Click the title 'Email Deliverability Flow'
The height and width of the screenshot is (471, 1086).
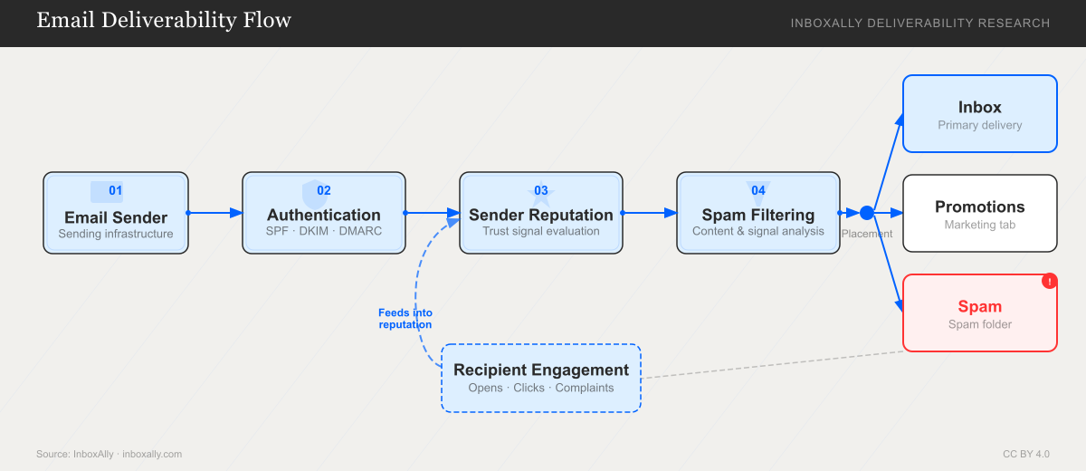tap(164, 21)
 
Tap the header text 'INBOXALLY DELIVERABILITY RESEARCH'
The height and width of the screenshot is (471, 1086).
tap(920, 23)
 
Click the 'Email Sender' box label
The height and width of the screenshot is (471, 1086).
tap(116, 217)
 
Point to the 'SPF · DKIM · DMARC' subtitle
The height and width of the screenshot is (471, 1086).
tap(324, 232)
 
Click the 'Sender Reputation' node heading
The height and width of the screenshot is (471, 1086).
tap(540, 216)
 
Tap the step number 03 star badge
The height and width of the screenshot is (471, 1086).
tap(541, 190)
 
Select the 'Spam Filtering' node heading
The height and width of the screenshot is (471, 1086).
tap(758, 216)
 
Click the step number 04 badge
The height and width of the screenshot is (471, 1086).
tap(758, 190)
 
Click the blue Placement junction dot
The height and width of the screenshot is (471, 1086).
tap(866, 213)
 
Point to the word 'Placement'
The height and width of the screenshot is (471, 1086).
tap(866, 234)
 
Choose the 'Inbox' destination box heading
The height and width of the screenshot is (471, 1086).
tap(980, 107)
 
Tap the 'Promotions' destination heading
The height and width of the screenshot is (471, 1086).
tap(980, 207)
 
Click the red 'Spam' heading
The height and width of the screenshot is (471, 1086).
tap(980, 306)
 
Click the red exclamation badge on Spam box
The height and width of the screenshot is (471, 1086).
tap(1049, 282)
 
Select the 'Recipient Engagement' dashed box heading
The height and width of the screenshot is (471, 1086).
tap(540, 370)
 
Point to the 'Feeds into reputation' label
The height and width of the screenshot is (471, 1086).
tap(405, 319)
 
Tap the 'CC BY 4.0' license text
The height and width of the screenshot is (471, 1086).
tap(1026, 454)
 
